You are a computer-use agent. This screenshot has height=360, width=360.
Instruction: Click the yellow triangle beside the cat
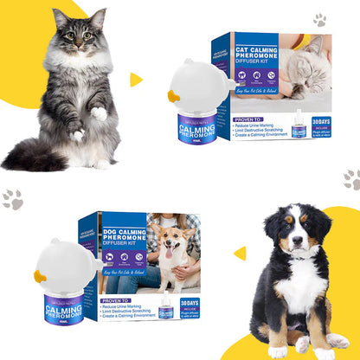pyautogui.click(x=136, y=80)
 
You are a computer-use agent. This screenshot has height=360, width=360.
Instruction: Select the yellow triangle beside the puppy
pyautogui.click(x=240, y=253)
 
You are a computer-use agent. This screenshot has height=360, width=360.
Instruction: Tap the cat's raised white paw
pyautogui.click(x=99, y=113)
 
